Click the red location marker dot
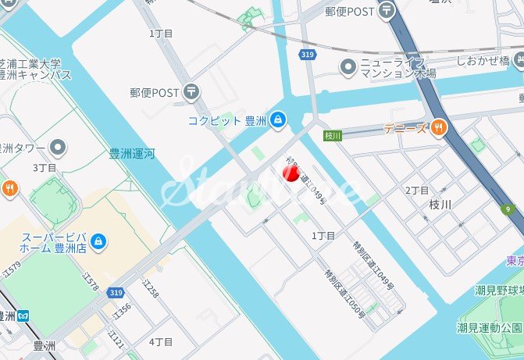point(291,173)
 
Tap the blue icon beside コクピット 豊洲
point(279,120)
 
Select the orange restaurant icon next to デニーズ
point(439,127)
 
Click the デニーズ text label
point(405,128)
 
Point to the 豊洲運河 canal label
point(131,154)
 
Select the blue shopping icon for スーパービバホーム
point(98,241)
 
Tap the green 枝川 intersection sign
point(333,136)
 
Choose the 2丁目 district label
point(417,191)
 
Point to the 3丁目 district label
point(45,168)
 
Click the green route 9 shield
point(508,209)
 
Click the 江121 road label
point(118,338)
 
